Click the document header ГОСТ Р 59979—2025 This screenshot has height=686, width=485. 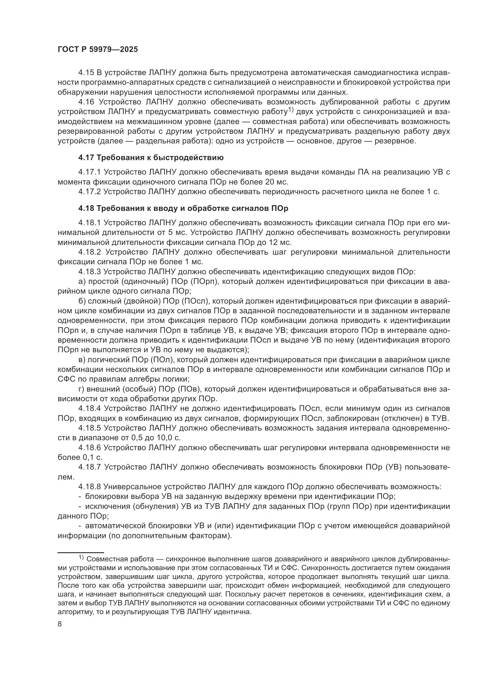[x=98, y=50]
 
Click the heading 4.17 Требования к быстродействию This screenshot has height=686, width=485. [x=151, y=158]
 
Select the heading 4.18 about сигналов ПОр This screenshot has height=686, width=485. [x=183, y=208]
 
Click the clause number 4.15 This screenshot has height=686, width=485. [x=86, y=73]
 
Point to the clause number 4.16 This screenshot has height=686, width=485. [x=86, y=102]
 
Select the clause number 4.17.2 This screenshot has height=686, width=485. [x=90, y=192]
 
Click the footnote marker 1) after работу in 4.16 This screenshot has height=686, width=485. [x=291, y=110]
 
